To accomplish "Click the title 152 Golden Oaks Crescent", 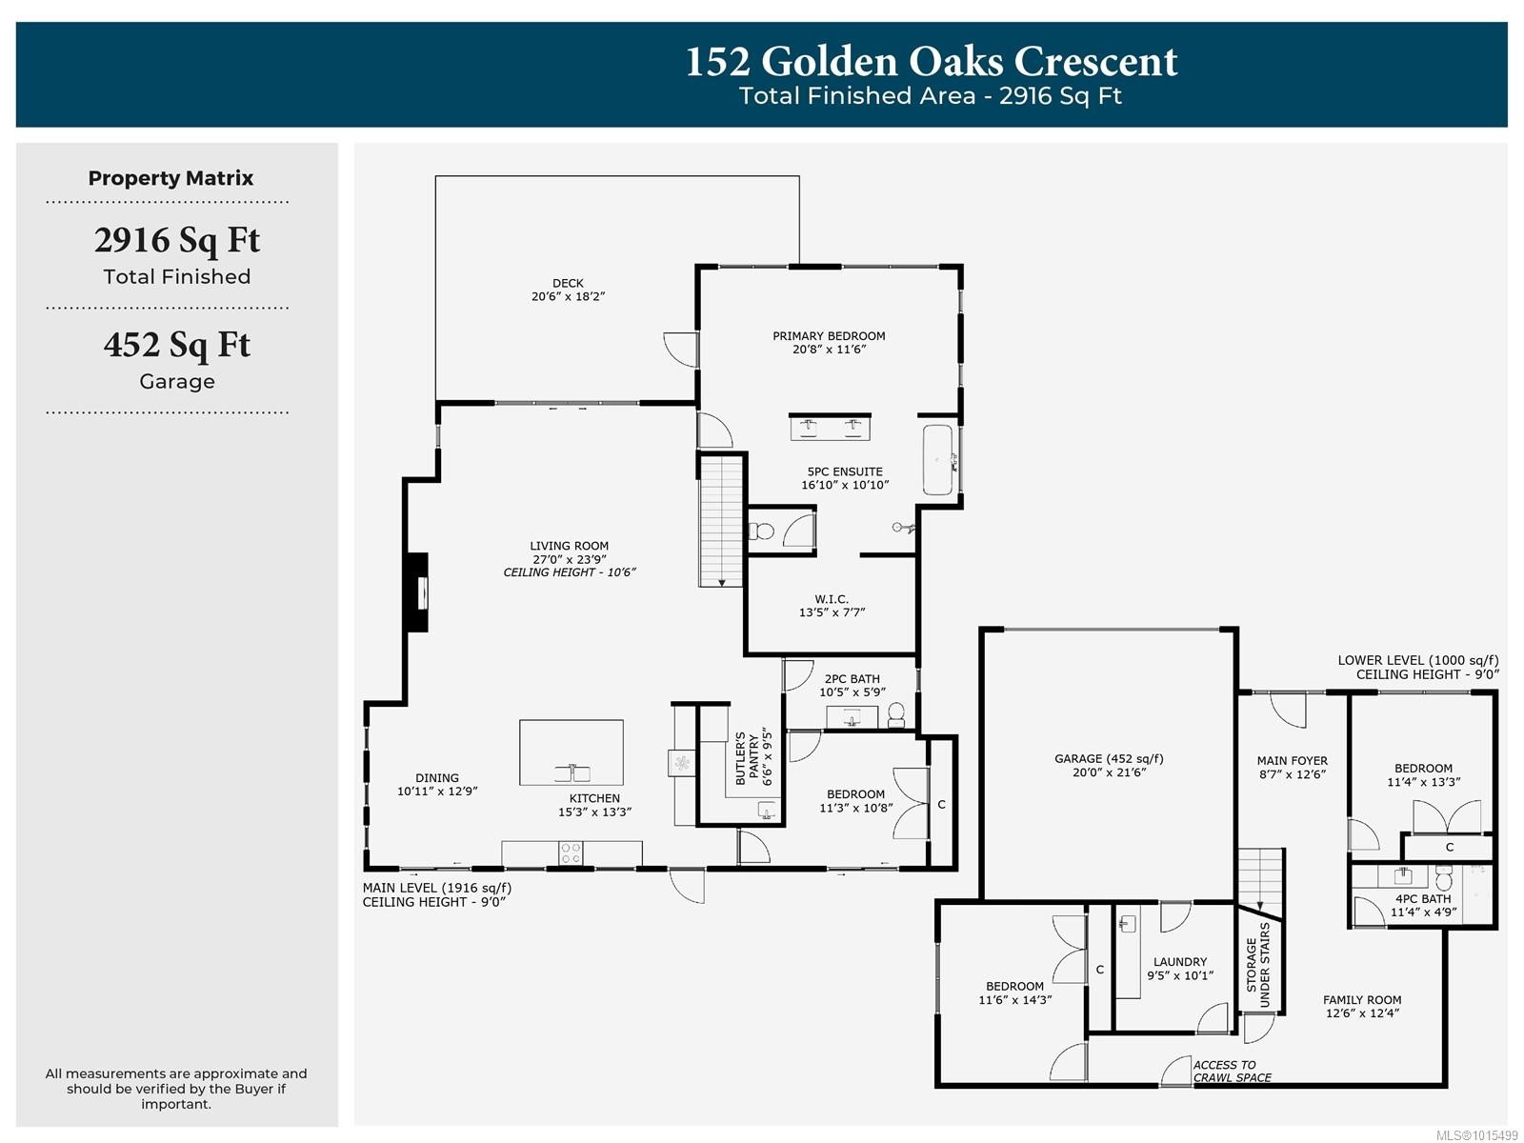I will [x=931, y=62].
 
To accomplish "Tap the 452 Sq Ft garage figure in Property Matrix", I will [x=176, y=345].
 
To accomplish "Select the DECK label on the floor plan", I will [x=568, y=283].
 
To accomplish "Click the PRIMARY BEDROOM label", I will [x=829, y=335].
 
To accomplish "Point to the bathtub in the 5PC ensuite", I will [x=938, y=460].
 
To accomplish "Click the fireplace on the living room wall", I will [x=417, y=592].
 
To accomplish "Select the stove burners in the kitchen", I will [x=571, y=852].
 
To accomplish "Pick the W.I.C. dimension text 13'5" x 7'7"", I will [x=832, y=612].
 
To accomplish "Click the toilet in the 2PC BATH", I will [x=895, y=714].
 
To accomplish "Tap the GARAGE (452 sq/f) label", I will [x=1109, y=758].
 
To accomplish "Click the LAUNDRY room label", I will [x=1179, y=962].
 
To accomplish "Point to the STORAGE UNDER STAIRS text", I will [x=1258, y=964].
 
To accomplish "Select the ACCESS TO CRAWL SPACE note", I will [x=1232, y=1072].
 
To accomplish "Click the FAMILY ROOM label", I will [x=1362, y=999].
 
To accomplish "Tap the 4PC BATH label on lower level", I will [x=1423, y=898].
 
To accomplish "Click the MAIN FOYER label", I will [x=1292, y=760].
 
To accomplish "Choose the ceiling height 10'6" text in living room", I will [x=569, y=572].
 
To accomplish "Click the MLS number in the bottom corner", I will [x=1476, y=1135].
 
